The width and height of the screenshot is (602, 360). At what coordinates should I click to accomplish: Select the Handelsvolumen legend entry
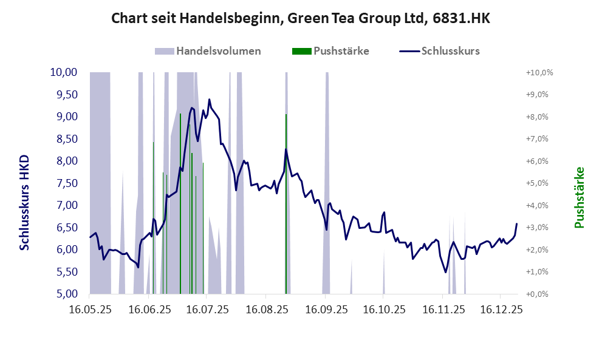(x=208, y=51)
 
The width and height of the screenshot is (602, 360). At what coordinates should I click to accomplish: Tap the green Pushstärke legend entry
(x=331, y=51)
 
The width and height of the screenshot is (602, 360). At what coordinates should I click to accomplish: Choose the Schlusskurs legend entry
(x=440, y=51)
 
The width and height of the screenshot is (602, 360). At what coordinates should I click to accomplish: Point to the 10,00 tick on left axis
(x=63, y=72)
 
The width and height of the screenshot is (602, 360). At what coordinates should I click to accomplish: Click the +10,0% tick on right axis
(x=539, y=73)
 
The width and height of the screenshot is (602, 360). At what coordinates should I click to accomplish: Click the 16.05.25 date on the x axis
(x=89, y=310)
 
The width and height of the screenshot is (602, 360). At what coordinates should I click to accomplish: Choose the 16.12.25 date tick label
(x=501, y=310)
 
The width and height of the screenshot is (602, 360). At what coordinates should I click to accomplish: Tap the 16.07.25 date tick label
(x=207, y=310)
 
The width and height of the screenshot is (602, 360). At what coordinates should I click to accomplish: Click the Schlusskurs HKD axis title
(x=25, y=202)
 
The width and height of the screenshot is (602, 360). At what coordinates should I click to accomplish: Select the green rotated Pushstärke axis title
(x=579, y=198)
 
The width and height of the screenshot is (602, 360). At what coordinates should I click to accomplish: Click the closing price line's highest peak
(x=209, y=100)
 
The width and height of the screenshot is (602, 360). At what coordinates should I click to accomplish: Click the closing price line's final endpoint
(x=517, y=224)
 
